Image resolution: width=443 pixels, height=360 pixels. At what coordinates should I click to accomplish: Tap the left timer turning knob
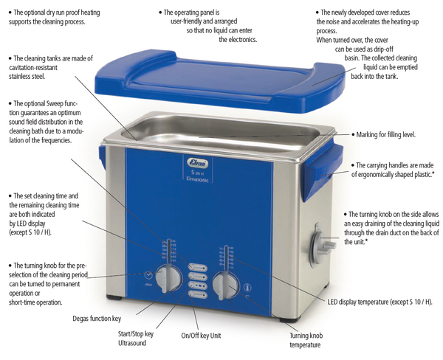click(x=171, y=279)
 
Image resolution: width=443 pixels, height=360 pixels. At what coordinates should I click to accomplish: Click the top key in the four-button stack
click(x=197, y=268)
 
